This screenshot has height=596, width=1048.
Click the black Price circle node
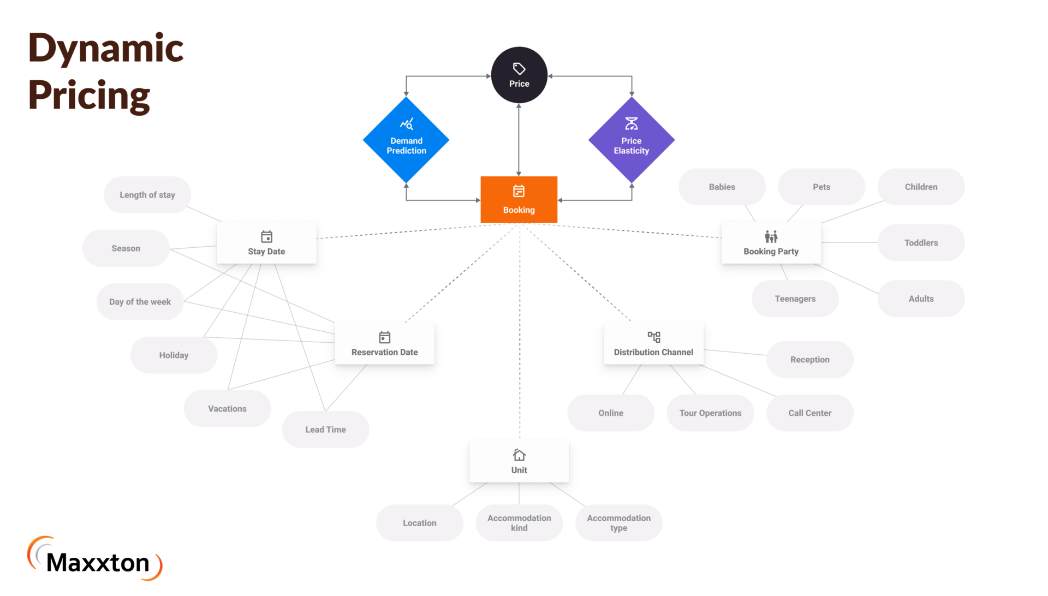[x=519, y=75]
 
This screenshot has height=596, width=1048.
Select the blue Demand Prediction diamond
[x=406, y=140]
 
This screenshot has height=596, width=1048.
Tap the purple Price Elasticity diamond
[x=632, y=140]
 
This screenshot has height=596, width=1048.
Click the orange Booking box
[x=519, y=200]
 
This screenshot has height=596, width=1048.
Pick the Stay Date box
[x=266, y=243]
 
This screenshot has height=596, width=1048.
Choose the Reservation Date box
[x=384, y=344]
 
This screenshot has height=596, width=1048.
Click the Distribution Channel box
[x=653, y=344]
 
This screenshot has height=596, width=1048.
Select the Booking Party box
[x=771, y=243]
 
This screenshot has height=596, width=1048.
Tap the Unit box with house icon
[x=519, y=462]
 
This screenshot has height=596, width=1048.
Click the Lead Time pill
[x=325, y=430]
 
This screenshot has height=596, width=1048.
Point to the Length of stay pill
[x=147, y=195]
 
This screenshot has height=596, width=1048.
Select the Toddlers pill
[x=921, y=243]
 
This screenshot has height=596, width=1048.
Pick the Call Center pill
[x=809, y=413]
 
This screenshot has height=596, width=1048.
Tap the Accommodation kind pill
[x=519, y=523]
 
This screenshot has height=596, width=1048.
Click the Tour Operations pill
[x=710, y=413]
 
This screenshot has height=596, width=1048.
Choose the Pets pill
[x=821, y=187]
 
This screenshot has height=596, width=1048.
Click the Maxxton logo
[x=95, y=559]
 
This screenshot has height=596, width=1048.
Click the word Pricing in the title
[x=89, y=96]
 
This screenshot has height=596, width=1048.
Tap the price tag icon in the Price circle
[x=519, y=69]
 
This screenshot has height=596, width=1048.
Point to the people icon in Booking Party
[x=771, y=236]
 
